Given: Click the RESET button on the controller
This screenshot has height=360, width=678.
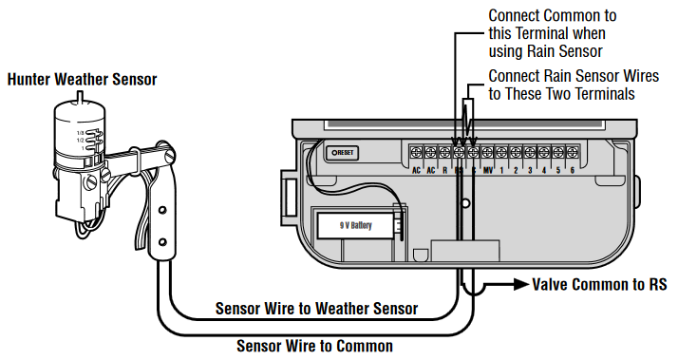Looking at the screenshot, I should pyautogui.click(x=341, y=152).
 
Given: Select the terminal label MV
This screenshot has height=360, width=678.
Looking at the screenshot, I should pyautogui.click(x=487, y=171).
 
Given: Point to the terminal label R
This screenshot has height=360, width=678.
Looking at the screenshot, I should pyautogui.click(x=444, y=171).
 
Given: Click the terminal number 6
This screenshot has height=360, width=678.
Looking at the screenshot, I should pyautogui.click(x=572, y=171).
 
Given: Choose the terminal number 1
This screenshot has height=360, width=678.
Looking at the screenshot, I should pyautogui.click(x=502, y=171).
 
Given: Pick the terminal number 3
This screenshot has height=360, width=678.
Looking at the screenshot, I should pyautogui.click(x=530, y=171).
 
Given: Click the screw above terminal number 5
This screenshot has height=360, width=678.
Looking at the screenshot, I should pyautogui.click(x=557, y=152).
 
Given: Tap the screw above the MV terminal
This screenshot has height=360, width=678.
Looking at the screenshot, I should pyautogui.click(x=487, y=152).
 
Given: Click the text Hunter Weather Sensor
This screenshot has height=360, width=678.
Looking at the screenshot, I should pyautogui.click(x=82, y=80).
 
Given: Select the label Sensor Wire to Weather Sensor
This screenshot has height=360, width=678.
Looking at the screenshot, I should pyautogui.click(x=316, y=309).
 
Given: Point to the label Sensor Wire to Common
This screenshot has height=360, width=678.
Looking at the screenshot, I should pyautogui.click(x=314, y=347).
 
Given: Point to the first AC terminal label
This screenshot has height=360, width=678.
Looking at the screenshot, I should pyautogui.click(x=416, y=171).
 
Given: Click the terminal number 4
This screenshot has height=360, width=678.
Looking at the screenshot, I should pyautogui.click(x=544, y=171).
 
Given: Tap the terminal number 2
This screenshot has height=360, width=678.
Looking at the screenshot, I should pyautogui.click(x=516, y=171).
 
